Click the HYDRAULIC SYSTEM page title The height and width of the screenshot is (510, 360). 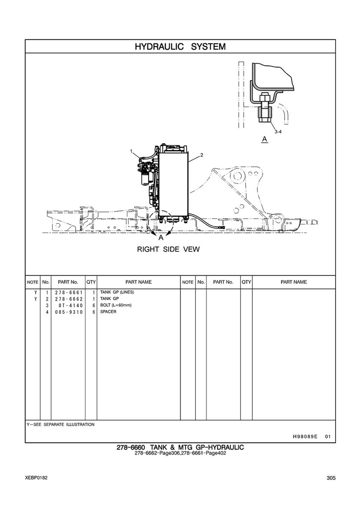coord(180,46)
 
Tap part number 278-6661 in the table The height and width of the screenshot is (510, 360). coord(69,293)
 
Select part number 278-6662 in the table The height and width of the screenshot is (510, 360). coord(69,299)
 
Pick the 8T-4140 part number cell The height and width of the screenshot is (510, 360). coord(71,305)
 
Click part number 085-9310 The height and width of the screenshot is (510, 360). coord(69,312)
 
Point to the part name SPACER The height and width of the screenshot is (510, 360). coord(108,311)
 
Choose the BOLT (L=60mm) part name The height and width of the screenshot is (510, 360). coord(116,305)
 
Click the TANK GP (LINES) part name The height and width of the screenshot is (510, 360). coord(117,292)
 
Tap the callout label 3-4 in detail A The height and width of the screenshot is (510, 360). coord(278,132)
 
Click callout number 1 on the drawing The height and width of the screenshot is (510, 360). coord(131,151)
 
